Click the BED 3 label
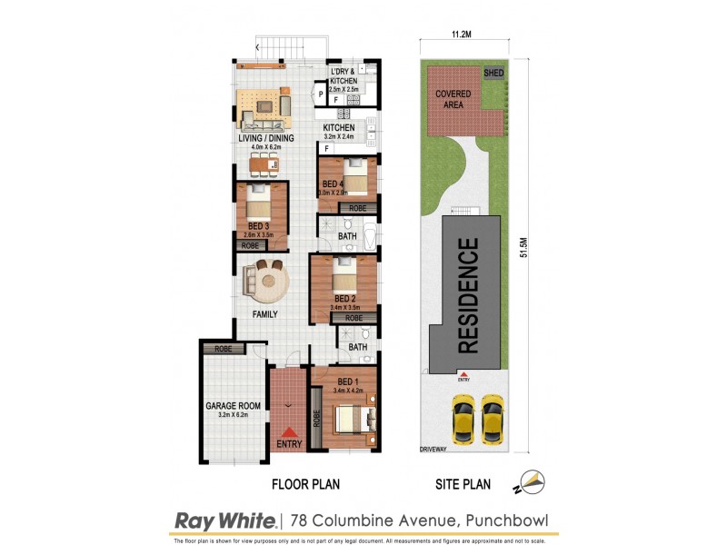click(259, 225)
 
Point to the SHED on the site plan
click(493, 73)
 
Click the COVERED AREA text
click(453, 99)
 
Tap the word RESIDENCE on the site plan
click(467, 295)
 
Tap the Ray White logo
click(224, 521)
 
